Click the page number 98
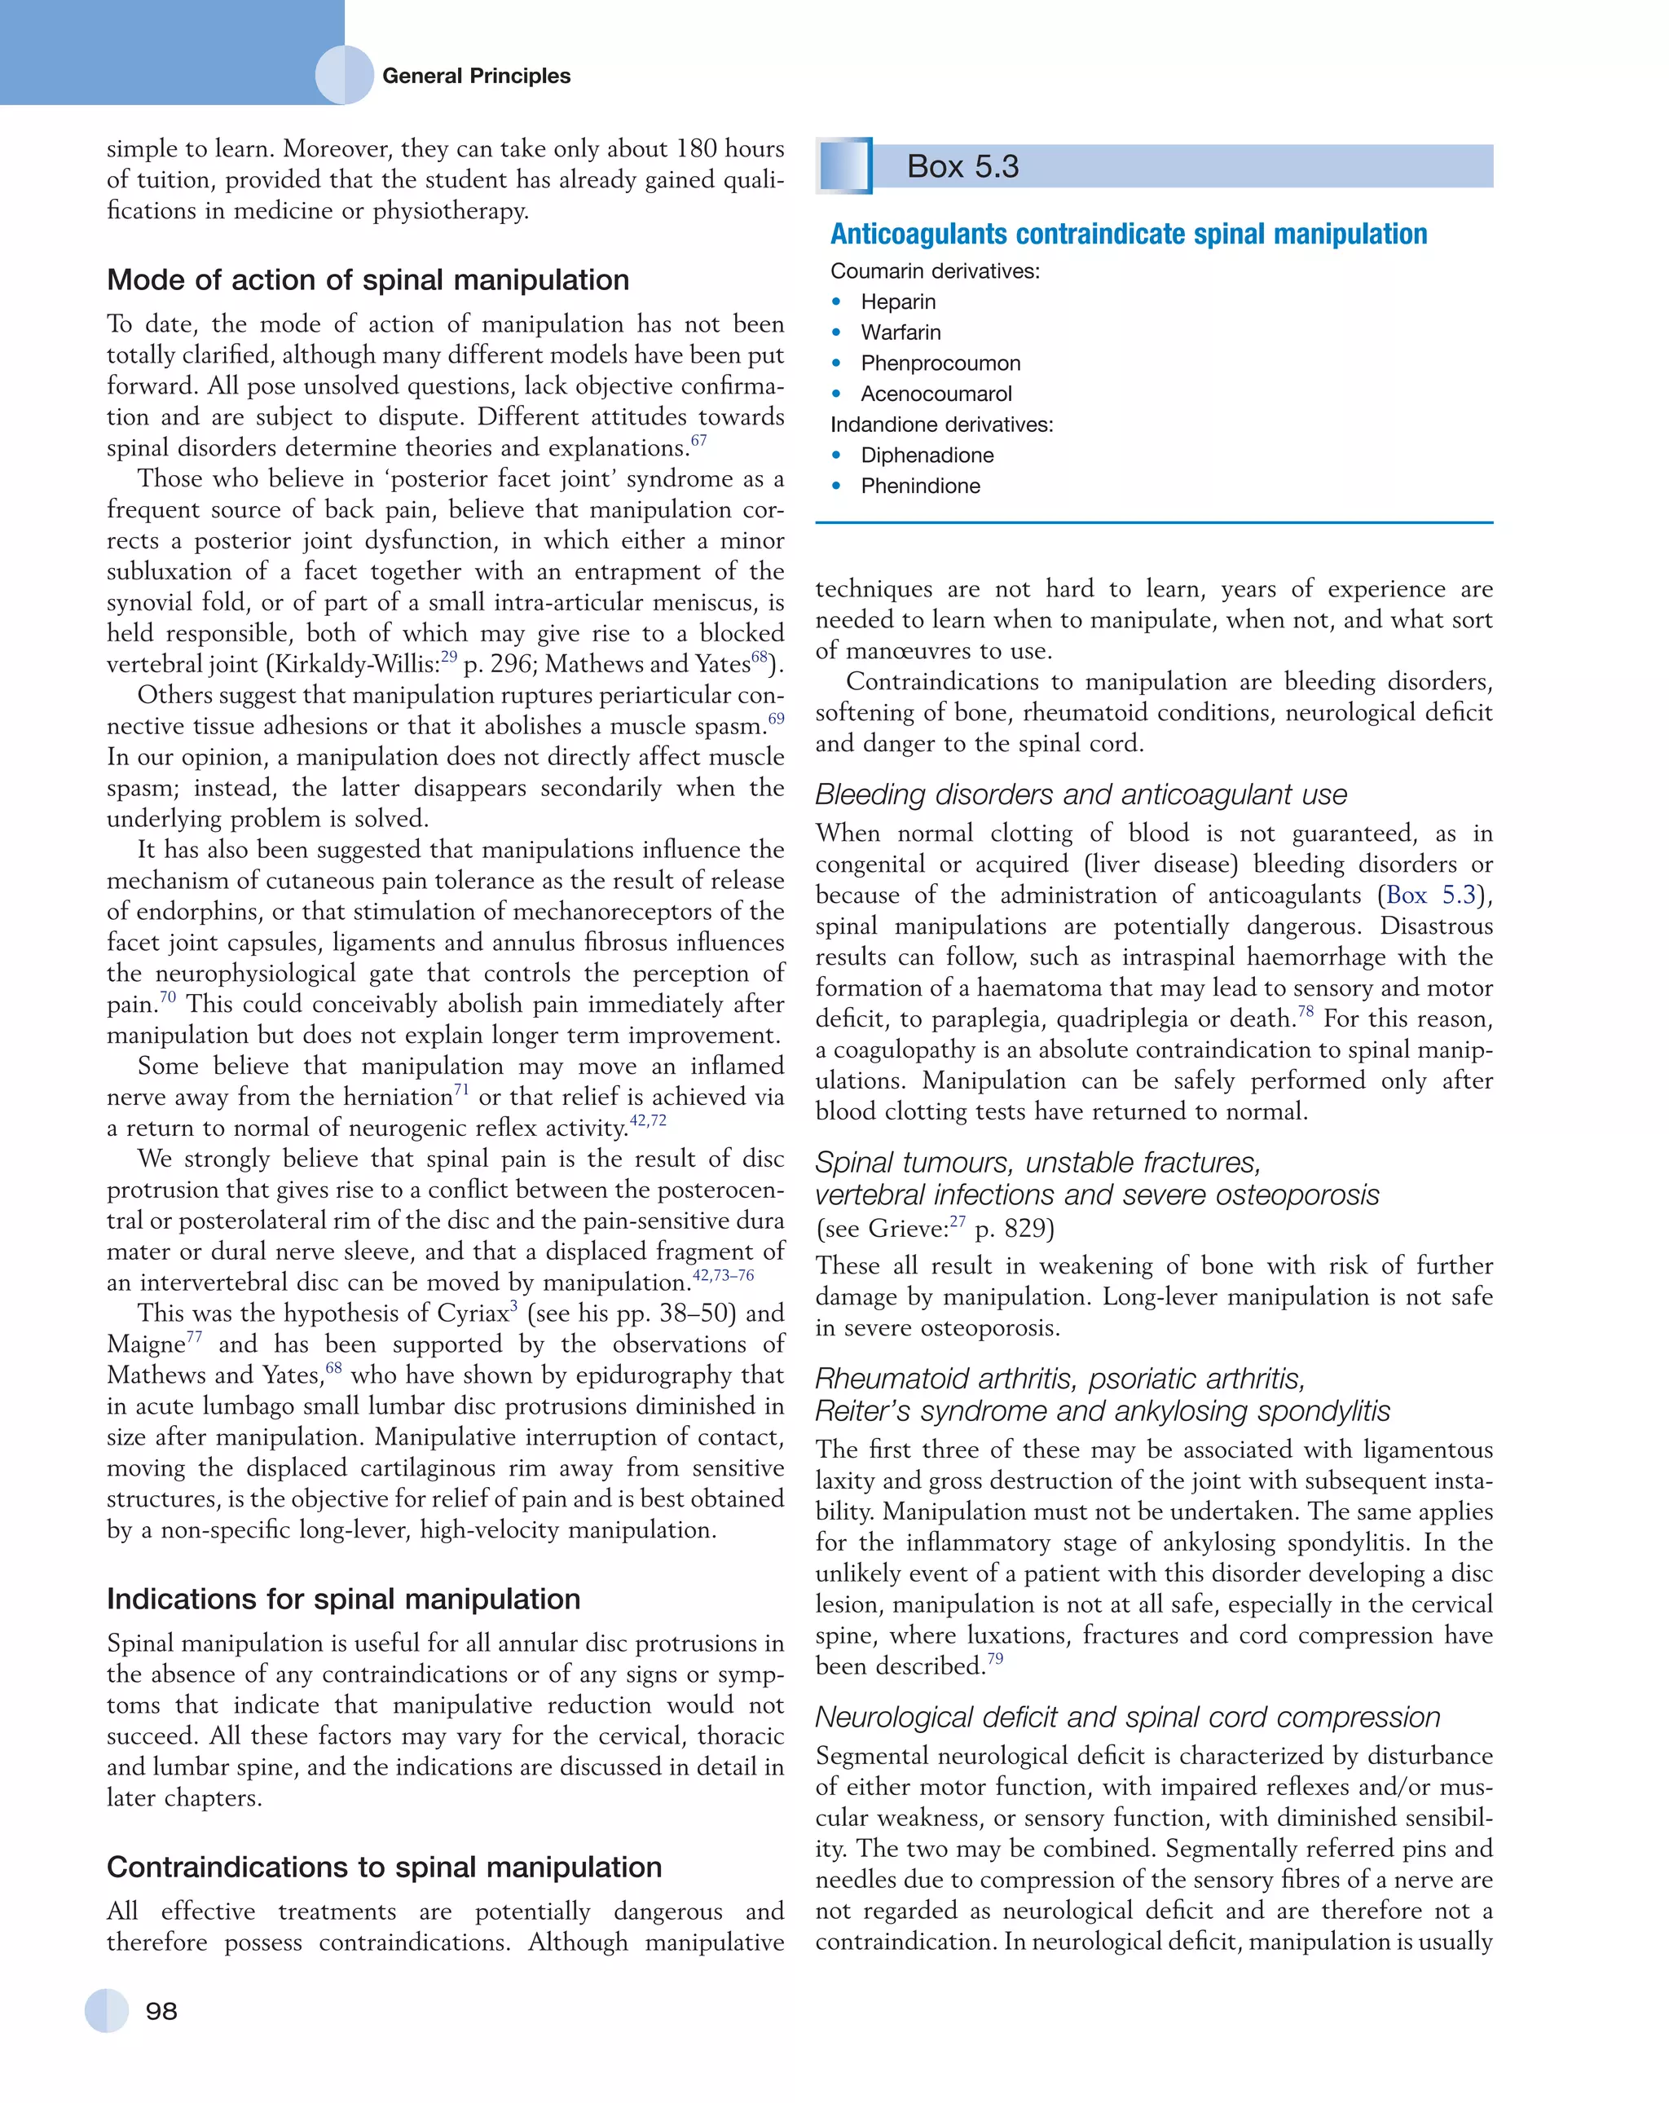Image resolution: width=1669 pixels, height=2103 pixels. pos(161,2010)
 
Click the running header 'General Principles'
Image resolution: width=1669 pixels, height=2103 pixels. pos(476,76)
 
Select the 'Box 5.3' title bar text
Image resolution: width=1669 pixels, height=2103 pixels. pos(962,167)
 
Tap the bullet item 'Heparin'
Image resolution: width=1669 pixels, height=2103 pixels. pos(897,301)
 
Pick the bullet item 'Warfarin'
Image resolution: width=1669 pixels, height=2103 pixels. pos(901,332)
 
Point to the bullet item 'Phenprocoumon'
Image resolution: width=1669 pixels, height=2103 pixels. pos(940,363)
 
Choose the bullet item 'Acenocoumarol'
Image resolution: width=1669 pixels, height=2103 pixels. pos(936,394)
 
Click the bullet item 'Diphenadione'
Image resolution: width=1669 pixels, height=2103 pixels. pos(927,455)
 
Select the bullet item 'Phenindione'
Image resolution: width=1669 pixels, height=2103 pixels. pos(920,486)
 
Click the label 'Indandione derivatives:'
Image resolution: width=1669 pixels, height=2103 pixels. pos(941,425)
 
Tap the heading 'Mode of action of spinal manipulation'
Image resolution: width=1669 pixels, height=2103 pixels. pos(368,280)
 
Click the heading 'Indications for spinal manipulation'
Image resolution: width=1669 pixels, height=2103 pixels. pos(343,1599)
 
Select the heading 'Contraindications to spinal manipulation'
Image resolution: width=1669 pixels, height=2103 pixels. pos(385,1867)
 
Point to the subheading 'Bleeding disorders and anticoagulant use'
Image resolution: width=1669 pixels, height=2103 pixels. pos(1081,795)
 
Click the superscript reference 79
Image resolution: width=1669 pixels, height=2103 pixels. pos(994,1659)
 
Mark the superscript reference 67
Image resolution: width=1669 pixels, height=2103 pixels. pos(698,441)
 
